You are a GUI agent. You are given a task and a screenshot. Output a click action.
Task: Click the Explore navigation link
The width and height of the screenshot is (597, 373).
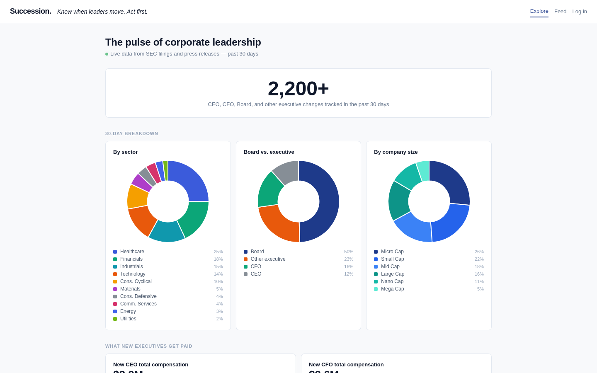(x=539, y=11)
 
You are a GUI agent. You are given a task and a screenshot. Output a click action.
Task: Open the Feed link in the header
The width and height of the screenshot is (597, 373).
(x=560, y=12)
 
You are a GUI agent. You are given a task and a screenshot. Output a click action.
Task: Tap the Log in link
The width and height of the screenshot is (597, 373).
(x=579, y=12)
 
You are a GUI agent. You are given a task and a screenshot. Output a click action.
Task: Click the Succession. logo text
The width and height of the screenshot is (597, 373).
(x=31, y=11)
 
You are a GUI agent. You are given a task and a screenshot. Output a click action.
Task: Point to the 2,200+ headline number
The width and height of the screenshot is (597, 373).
(x=298, y=88)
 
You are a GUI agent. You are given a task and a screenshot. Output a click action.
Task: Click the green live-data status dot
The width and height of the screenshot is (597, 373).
(x=107, y=54)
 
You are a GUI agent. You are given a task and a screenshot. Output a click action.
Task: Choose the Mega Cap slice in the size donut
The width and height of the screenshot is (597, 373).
(x=423, y=170)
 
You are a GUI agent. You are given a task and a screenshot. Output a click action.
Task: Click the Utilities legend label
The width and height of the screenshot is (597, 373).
(x=128, y=319)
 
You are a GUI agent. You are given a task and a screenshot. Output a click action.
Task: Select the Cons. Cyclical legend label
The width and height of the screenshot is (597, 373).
(x=136, y=281)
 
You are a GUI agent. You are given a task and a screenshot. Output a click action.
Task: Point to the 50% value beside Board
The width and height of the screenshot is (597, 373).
(x=349, y=252)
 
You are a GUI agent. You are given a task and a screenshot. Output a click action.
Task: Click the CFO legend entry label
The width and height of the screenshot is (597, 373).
(x=256, y=266)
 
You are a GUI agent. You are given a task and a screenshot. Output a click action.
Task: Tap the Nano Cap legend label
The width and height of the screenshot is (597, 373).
(x=392, y=281)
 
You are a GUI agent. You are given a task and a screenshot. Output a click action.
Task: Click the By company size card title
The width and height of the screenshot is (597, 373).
(x=396, y=152)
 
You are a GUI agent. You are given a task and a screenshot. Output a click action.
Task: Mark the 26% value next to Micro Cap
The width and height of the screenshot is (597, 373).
(x=479, y=252)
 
